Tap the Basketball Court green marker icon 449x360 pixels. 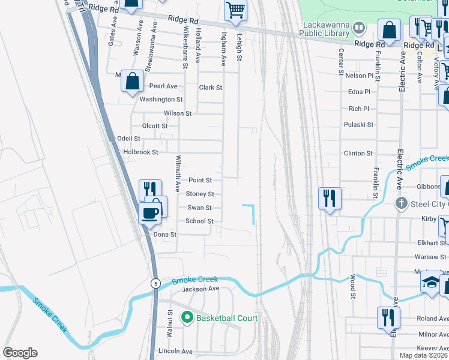(186, 318)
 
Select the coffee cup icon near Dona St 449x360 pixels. (150, 212)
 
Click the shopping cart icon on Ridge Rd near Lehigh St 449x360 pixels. (235, 10)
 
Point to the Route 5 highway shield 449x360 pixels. (155, 283)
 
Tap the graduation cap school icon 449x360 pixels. (431, 281)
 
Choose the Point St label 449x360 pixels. (200, 180)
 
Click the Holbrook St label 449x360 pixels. (140, 152)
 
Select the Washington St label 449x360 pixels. (161, 100)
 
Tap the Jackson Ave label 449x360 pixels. (201, 289)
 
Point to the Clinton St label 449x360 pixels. (358, 153)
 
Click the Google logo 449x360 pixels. (20, 353)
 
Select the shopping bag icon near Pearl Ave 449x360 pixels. (132, 81)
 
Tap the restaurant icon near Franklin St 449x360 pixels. (330, 197)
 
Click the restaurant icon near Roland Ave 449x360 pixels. (388, 317)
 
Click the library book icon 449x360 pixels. (359, 26)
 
